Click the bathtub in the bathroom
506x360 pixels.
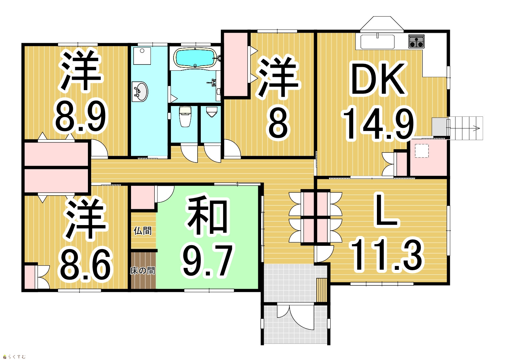[x=196, y=58]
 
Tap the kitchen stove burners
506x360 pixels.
[x=416, y=41]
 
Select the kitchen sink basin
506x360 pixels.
[x=378, y=42]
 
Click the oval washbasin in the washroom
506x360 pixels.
[x=140, y=92]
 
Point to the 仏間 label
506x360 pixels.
[x=142, y=231]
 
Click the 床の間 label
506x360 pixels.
[x=142, y=270]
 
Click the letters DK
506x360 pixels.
[x=378, y=79]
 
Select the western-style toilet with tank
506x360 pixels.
[x=185, y=116]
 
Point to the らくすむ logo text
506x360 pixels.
[x=17, y=357]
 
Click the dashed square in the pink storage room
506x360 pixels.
[x=422, y=150]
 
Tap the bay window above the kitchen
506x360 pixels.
[x=382, y=23]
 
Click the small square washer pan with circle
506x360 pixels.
[x=142, y=56]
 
